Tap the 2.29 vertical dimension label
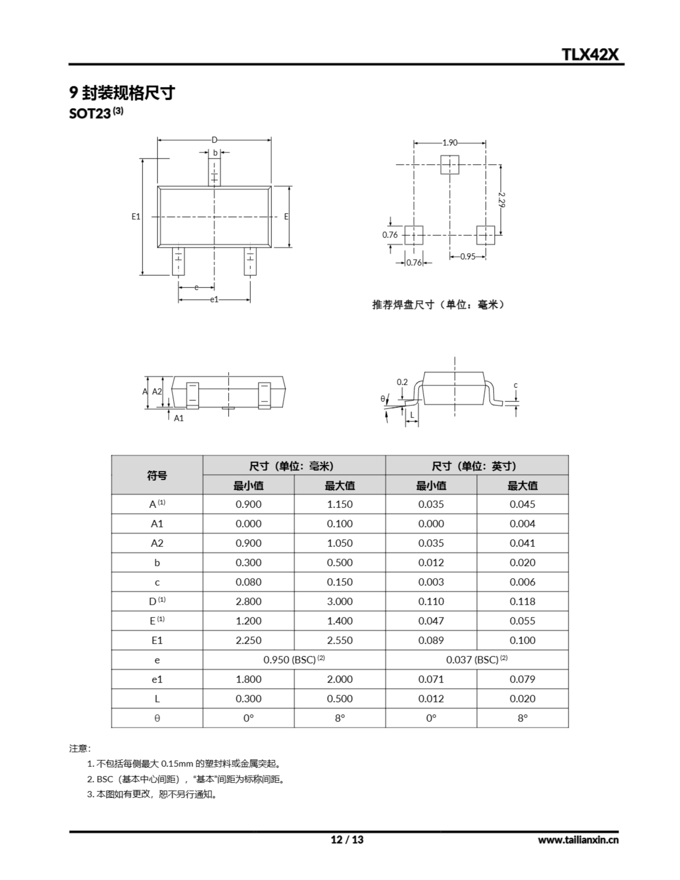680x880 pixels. click(x=502, y=199)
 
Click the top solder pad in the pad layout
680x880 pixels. click(x=449, y=164)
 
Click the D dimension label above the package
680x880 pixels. click(x=215, y=140)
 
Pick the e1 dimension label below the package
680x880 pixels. click(x=214, y=299)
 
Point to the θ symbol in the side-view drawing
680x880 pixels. click(x=383, y=398)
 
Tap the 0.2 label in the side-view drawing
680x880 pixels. click(x=402, y=382)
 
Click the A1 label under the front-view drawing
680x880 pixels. click(x=178, y=418)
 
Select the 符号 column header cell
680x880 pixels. click(x=157, y=475)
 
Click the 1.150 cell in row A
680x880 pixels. click(x=339, y=504)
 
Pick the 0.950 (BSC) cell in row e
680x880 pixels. click(x=294, y=660)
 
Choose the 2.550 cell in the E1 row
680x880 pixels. click(x=339, y=640)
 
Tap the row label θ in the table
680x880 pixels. click(x=157, y=718)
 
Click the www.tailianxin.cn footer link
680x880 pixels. click(x=578, y=840)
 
